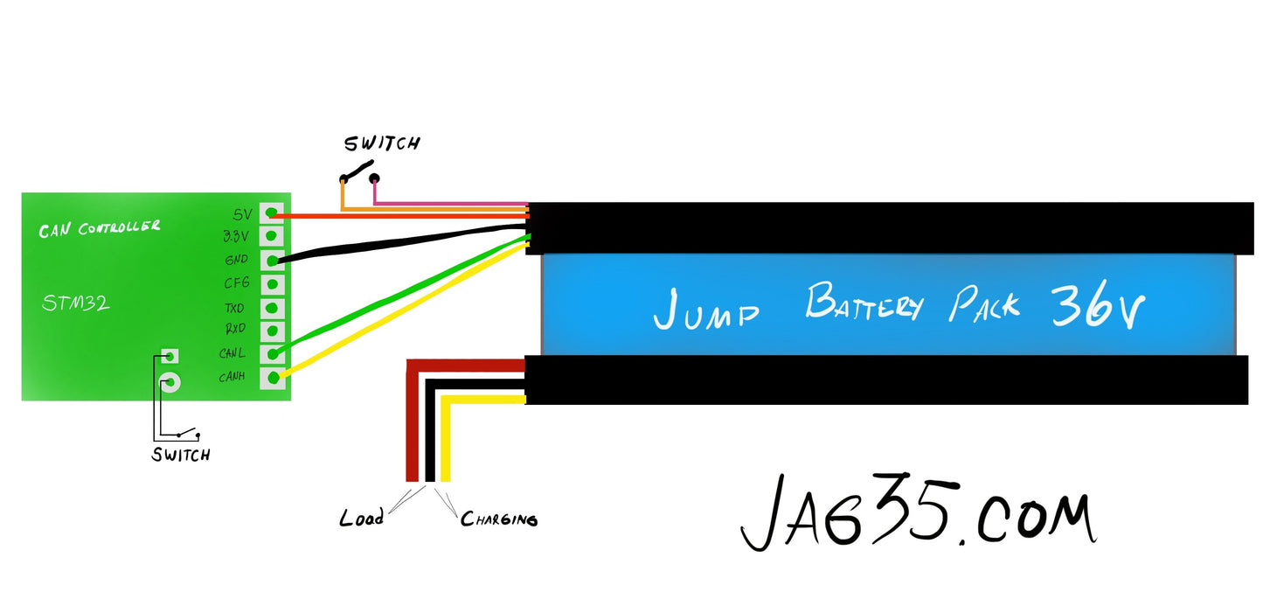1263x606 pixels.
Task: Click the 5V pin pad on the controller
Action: pyautogui.click(x=274, y=212)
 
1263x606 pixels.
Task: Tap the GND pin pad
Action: pyautogui.click(x=274, y=260)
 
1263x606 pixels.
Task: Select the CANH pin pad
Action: pyautogui.click(x=274, y=378)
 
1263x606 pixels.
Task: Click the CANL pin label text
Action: pyautogui.click(x=232, y=354)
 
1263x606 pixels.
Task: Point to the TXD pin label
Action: pyautogui.click(x=233, y=308)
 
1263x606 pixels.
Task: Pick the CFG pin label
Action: pyautogui.click(x=237, y=283)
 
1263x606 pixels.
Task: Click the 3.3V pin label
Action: pyautogui.click(x=235, y=236)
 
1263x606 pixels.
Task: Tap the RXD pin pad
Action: pyautogui.click(x=274, y=331)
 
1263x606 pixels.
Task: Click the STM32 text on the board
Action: pyautogui.click(x=76, y=304)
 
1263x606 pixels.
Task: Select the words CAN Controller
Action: pyautogui.click(x=99, y=229)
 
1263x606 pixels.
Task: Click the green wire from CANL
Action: pyautogui.click(x=402, y=295)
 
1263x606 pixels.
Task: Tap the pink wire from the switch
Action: pyautogui.click(x=455, y=203)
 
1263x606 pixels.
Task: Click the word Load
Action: pyautogui.click(x=361, y=519)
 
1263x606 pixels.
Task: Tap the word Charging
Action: pyautogui.click(x=499, y=519)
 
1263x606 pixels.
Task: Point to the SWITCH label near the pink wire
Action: pyautogui.click(x=381, y=143)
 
